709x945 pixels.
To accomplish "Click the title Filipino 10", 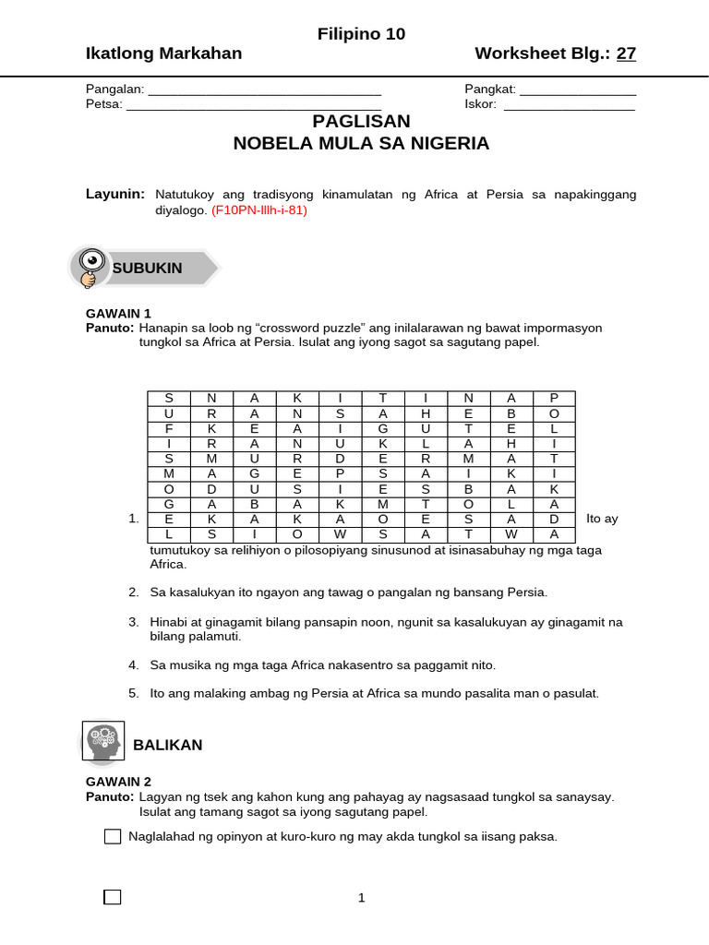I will pyautogui.click(x=361, y=34).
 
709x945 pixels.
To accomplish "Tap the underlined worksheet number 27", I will pyautogui.click(x=626, y=54).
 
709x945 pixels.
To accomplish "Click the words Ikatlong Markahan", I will pyautogui.click(x=163, y=54).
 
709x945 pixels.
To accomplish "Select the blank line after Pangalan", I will pyautogui.click(x=265, y=90).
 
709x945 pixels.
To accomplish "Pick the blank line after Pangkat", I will pyautogui.click(x=578, y=90).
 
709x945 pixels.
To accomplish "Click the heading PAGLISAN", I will pyautogui.click(x=361, y=122).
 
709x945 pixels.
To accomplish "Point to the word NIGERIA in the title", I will pyautogui.click(x=444, y=144).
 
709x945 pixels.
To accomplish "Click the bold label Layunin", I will pyautogui.click(x=115, y=195).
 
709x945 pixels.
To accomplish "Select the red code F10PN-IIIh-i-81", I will pyautogui.click(x=258, y=210).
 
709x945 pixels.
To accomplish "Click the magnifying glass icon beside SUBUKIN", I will pyautogui.click(x=91, y=268).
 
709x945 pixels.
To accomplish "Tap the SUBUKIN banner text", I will pyautogui.click(x=148, y=268).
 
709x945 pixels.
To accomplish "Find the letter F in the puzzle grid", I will pyautogui.click(x=169, y=429).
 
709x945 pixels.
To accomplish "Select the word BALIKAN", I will pyautogui.click(x=168, y=745).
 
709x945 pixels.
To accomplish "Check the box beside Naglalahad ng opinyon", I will pyautogui.click(x=113, y=837).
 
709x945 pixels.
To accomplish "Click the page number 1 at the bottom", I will pyautogui.click(x=362, y=897).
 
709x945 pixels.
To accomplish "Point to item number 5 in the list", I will pyautogui.click(x=134, y=692).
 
